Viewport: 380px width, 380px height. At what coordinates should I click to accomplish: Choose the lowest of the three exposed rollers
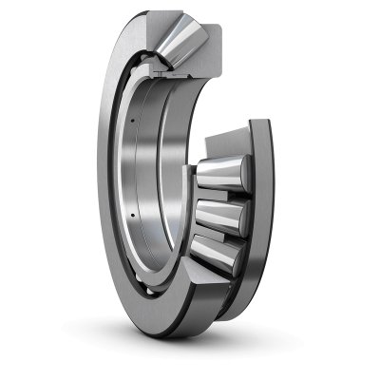[224, 246]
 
